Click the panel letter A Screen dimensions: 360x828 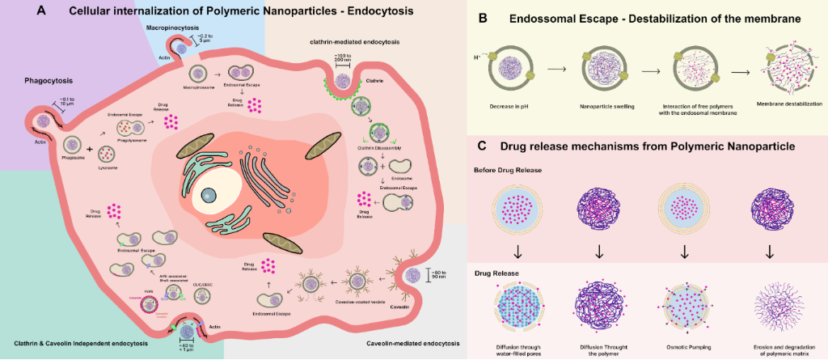click(x=39, y=12)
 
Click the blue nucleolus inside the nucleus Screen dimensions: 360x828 click(x=209, y=193)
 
